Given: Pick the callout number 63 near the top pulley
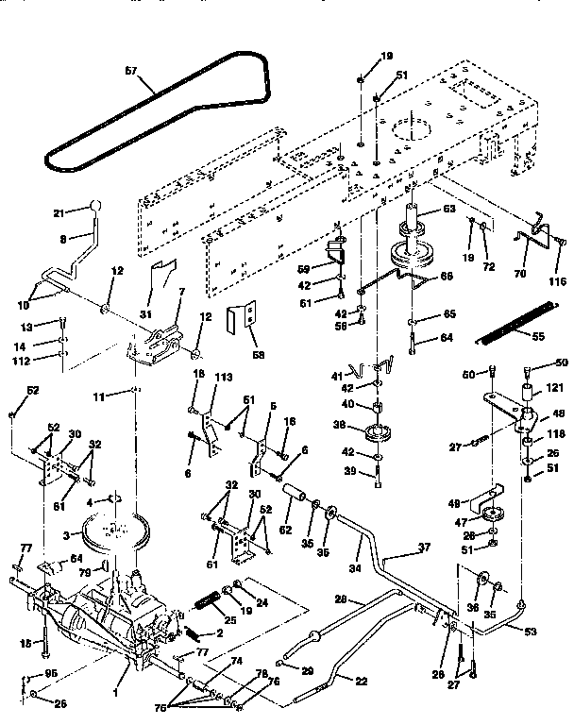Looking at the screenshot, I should click(x=448, y=211).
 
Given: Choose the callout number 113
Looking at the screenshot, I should click(x=223, y=377).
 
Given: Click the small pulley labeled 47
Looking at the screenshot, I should click(x=491, y=518).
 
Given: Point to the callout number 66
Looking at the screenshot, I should click(x=448, y=276).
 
